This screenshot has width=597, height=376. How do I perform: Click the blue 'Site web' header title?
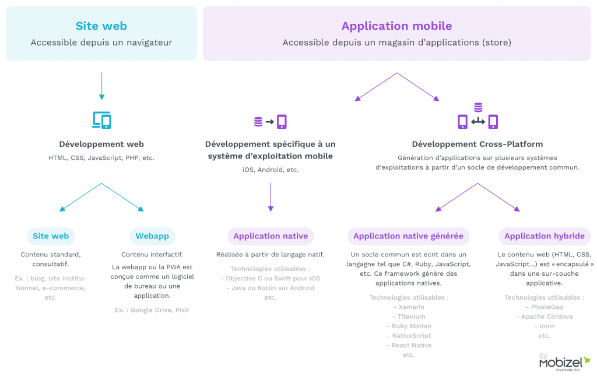coord(101,26)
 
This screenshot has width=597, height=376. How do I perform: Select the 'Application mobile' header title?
coord(396,26)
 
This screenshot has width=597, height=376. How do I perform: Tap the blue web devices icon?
coord(101,120)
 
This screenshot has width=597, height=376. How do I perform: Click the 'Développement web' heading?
coord(101,144)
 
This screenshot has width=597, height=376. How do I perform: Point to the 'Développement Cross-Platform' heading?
coord(477,144)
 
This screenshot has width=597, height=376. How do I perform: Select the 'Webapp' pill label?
coord(152,236)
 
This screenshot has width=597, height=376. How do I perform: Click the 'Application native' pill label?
coord(271,236)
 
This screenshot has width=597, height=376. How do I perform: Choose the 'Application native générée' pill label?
coord(408,236)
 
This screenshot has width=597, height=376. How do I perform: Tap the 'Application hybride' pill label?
coord(544,236)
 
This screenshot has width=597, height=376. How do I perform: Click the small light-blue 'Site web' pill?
coord(51,236)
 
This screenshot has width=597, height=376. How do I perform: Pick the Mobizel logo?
coord(564,362)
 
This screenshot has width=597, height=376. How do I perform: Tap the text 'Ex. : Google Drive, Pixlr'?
coord(152,310)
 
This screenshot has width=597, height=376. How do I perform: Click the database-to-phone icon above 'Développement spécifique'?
coord(271,122)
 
